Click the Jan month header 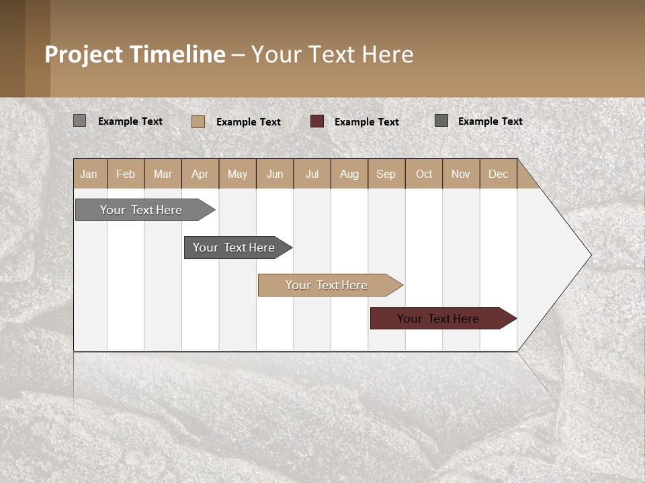[x=89, y=174]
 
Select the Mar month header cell [x=163, y=174]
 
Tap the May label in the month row [x=237, y=174]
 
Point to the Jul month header [x=312, y=174]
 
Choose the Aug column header [x=349, y=174]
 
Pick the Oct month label [x=424, y=174]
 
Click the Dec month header [x=498, y=174]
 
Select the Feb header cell [x=126, y=174]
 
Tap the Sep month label [x=386, y=174]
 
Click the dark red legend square [x=317, y=121]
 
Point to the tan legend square [x=198, y=121]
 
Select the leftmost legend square [x=79, y=121]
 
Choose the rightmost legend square [x=441, y=121]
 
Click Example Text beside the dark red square [x=367, y=122]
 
